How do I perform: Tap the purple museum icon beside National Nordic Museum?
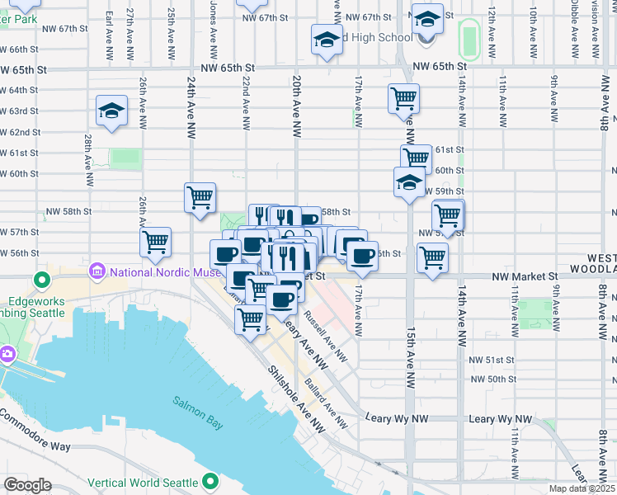(x=97, y=271)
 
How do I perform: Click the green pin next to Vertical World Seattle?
(x=211, y=481)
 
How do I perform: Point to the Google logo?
(x=27, y=484)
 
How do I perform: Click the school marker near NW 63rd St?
(x=111, y=111)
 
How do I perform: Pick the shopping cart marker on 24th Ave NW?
(x=200, y=198)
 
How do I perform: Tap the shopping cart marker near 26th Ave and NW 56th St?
(x=155, y=243)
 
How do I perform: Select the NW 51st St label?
(x=492, y=360)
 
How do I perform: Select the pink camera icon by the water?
(x=7, y=354)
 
